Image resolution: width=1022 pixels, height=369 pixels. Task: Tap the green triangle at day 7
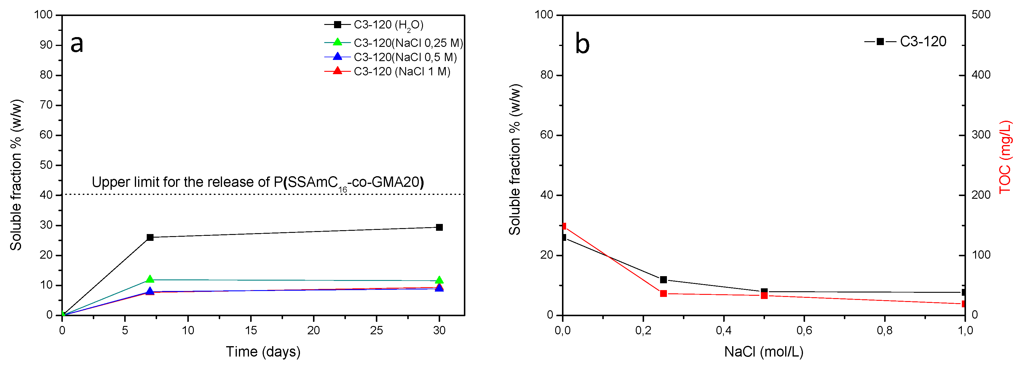point(150,279)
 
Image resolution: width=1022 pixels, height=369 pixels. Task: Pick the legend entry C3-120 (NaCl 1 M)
point(402,71)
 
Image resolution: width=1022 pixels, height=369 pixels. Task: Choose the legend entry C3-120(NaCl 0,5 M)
point(405,57)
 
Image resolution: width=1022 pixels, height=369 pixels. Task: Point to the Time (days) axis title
point(263,351)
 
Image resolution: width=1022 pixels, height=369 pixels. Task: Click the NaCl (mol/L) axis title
point(764,351)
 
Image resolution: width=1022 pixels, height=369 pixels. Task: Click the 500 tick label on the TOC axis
point(981,15)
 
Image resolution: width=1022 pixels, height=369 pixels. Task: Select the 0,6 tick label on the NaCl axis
point(804,330)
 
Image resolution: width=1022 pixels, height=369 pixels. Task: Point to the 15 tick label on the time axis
point(251,330)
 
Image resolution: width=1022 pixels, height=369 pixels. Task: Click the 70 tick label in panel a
point(46,105)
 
